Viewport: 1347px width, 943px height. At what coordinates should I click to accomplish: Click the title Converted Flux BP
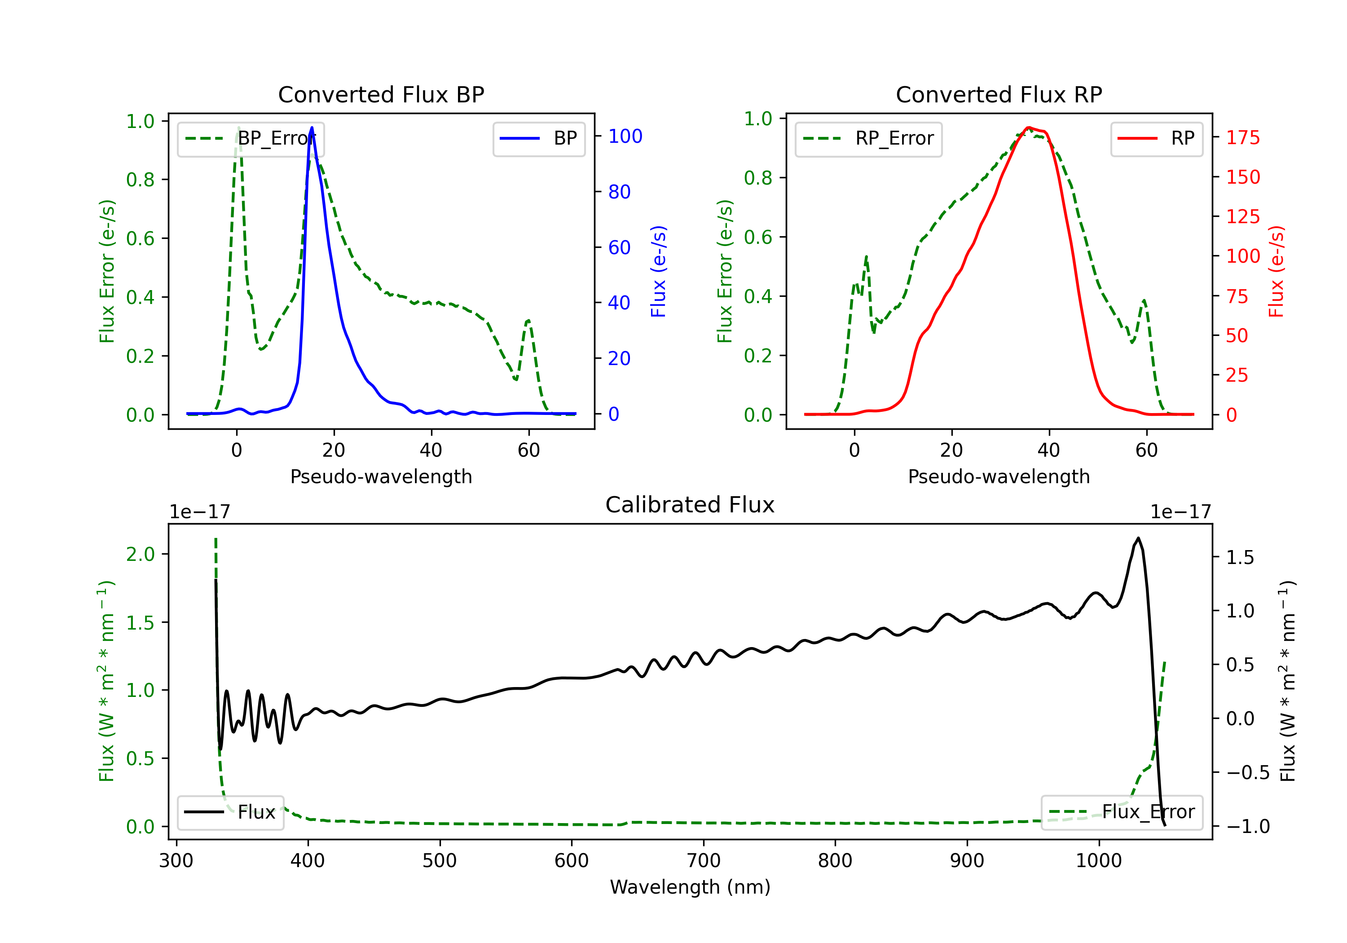(x=381, y=94)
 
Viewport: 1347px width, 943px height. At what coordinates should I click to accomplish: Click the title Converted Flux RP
(x=999, y=94)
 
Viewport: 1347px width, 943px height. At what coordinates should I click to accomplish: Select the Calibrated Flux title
(x=690, y=505)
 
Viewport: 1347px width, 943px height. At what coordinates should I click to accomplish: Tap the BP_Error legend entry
(x=251, y=138)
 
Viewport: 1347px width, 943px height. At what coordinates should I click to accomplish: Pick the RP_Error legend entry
(x=868, y=138)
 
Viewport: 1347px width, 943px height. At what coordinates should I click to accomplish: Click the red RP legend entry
(x=1156, y=138)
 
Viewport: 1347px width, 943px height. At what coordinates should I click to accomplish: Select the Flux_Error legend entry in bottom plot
(x=1122, y=812)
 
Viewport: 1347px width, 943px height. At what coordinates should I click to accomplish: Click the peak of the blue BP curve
(x=312, y=128)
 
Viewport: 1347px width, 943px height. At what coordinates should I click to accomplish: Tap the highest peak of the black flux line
(x=1138, y=538)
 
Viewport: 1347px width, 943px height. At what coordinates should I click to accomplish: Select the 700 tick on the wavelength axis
(x=704, y=861)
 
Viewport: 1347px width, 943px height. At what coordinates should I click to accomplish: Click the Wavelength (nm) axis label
(x=690, y=887)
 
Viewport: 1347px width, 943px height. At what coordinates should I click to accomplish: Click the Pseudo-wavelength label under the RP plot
(x=999, y=476)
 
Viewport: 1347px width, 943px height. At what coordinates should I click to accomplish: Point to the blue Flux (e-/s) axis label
(x=658, y=271)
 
